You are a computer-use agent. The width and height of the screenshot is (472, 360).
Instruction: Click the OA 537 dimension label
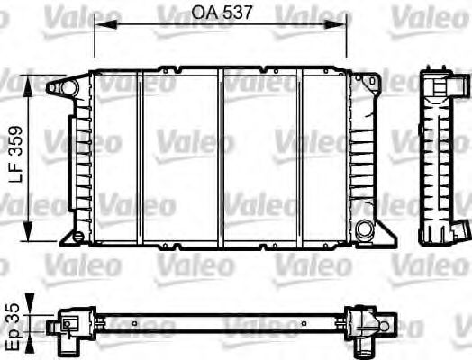click(221, 13)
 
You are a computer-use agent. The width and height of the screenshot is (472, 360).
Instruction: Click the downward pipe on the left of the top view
click(68, 341)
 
